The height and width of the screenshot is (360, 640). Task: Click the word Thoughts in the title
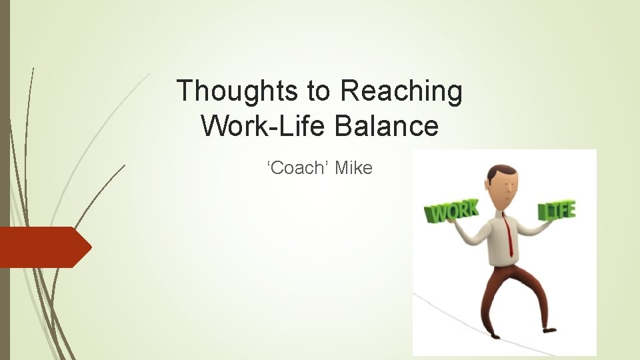237,91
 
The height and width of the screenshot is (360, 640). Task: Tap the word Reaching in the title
401,91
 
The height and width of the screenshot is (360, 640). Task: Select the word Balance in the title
387,125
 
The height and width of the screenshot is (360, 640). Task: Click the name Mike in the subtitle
353,168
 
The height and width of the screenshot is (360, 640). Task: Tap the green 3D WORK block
452,211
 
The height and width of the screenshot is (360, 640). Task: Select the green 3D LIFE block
557,211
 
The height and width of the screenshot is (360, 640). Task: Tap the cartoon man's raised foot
549,329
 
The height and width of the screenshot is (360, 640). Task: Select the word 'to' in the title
318,92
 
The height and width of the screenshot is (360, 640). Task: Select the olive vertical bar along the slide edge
5,180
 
